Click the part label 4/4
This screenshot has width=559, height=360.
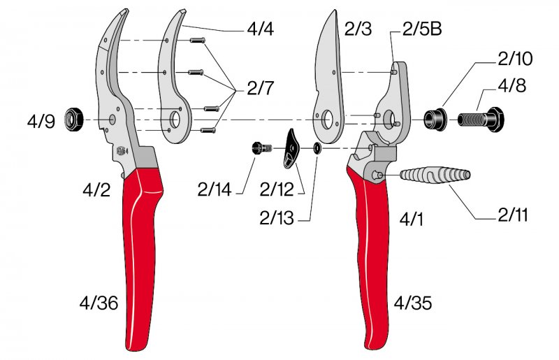click(x=260, y=29)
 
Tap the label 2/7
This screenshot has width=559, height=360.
click(x=260, y=88)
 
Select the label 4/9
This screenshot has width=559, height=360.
click(x=41, y=122)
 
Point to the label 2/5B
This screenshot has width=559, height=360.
click(x=422, y=29)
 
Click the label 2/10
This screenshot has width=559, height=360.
click(x=516, y=59)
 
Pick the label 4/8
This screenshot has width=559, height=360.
click(x=513, y=86)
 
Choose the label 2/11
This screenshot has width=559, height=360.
click(x=513, y=215)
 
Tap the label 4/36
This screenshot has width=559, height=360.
click(x=99, y=303)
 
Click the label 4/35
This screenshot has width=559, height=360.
click(x=413, y=303)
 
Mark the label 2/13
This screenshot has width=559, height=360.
click(x=277, y=218)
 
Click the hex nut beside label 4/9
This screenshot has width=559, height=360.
click(x=74, y=120)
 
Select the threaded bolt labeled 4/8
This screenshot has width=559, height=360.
click(x=481, y=119)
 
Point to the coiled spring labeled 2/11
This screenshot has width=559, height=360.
click(x=435, y=175)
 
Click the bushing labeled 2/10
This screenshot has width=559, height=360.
click(x=435, y=119)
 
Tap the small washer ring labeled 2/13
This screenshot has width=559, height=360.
click(x=317, y=147)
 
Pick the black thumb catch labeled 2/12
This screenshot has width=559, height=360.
click(x=292, y=148)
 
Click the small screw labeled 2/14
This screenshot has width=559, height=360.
click(x=262, y=147)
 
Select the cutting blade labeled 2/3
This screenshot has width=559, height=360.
click(x=328, y=76)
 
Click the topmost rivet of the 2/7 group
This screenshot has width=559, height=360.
click(x=197, y=41)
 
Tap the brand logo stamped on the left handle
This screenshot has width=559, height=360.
click(x=122, y=150)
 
